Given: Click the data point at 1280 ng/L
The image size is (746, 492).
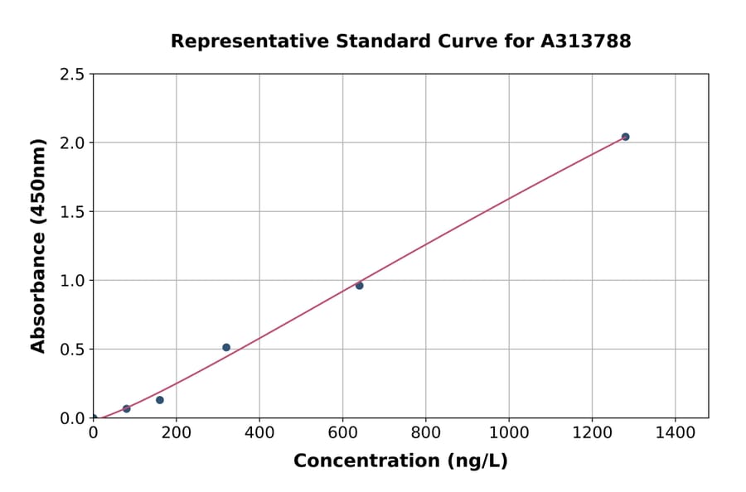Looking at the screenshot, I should point(625,137).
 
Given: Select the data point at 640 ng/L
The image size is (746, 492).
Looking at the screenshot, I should point(359,286).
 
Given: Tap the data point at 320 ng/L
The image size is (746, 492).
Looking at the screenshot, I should point(226,347).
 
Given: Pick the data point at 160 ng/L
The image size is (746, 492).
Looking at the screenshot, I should point(160,400).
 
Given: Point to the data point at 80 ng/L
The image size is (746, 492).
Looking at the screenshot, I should point(127,408).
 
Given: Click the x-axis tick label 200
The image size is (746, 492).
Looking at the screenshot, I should point(176,434).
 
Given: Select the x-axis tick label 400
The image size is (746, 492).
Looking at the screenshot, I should point(259,434).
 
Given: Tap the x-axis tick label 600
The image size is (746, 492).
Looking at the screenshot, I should point(342,434).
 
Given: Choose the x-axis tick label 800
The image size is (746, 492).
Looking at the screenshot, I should point(426,434).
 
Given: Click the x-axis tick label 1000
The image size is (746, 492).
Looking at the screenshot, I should point(509,434).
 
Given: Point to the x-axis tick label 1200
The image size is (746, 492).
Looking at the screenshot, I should point(592,434).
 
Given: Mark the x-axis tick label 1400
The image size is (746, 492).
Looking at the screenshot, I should point(676,434).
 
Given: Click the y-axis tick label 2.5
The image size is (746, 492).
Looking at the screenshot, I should point(73,75).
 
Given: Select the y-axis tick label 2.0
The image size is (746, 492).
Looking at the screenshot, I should point(73,143).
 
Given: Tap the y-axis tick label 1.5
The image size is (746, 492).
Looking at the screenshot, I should point(73,212).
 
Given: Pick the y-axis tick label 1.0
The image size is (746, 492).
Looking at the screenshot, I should point(73,281).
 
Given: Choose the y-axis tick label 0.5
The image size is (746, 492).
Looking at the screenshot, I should point(73,350).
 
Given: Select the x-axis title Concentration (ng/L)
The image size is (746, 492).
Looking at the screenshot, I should point(400,461).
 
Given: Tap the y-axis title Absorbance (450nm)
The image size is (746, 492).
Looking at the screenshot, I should point(38,246).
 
